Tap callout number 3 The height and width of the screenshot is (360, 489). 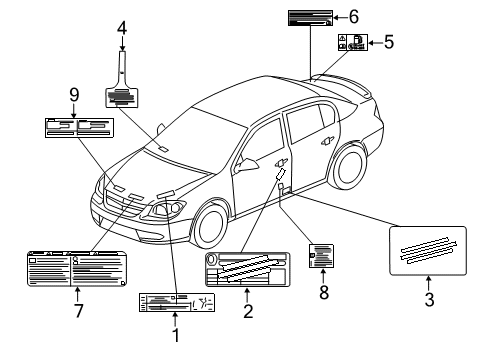tap(428, 298)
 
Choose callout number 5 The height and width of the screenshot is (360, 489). tap(389, 42)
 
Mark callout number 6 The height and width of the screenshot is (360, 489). tap(353, 15)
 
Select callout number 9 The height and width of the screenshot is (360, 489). tap(73, 96)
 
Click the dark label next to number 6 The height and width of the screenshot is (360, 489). tap(310, 16)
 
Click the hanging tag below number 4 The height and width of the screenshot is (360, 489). tap(122, 95)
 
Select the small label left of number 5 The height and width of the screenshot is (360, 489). tap(352, 43)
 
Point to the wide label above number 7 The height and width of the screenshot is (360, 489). tap(75, 270)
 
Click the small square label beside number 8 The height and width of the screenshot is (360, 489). tap(321, 256)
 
